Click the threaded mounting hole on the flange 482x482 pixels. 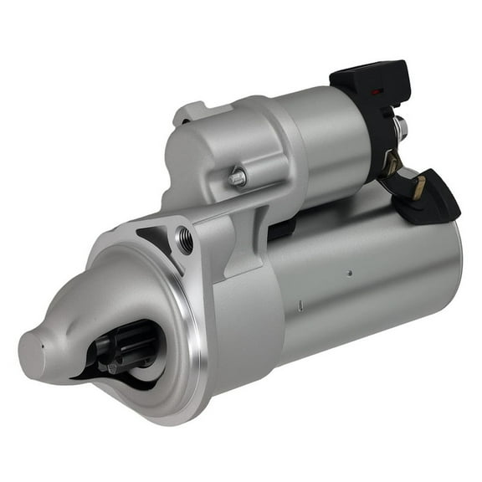[x=185, y=241]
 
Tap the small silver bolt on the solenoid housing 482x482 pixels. [x=238, y=177]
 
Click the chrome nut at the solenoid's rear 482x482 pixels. [x=401, y=128]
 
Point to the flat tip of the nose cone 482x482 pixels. [x=31, y=345]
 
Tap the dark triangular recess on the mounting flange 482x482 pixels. [x=156, y=239]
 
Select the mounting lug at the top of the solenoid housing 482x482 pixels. [x=191, y=113]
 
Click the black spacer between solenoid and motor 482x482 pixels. [x=280, y=230]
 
